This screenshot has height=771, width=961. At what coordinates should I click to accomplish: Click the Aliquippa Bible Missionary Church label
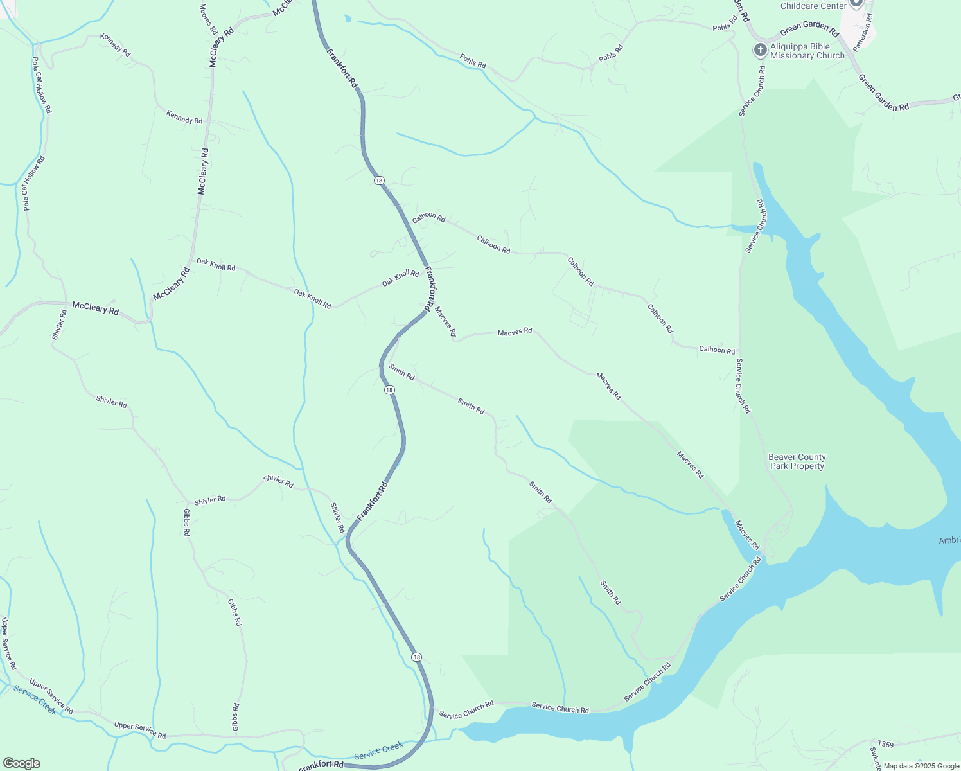click(807, 51)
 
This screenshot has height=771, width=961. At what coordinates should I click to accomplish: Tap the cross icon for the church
click(760, 49)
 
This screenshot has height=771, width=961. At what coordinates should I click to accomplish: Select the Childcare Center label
click(813, 6)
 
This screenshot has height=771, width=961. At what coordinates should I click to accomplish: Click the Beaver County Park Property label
click(797, 461)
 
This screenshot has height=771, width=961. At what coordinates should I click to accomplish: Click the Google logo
click(21, 763)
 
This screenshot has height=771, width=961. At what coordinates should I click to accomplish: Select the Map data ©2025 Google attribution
click(921, 766)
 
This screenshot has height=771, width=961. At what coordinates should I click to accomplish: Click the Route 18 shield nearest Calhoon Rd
click(379, 181)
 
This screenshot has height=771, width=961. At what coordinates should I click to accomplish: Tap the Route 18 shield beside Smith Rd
click(389, 390)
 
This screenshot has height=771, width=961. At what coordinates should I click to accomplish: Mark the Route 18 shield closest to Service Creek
click(417, 657)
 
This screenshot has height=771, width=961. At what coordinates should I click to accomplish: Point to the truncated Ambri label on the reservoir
click(949, 540)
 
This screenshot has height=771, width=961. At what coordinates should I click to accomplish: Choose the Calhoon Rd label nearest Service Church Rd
click(717, 350)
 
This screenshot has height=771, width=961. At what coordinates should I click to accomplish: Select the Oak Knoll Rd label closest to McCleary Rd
click(216, 265)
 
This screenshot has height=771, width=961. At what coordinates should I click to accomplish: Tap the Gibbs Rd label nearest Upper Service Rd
click(236, 716)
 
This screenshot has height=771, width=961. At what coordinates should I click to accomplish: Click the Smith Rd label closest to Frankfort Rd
click(401, 371)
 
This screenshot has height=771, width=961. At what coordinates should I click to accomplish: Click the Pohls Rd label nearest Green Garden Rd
click(722, 28)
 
